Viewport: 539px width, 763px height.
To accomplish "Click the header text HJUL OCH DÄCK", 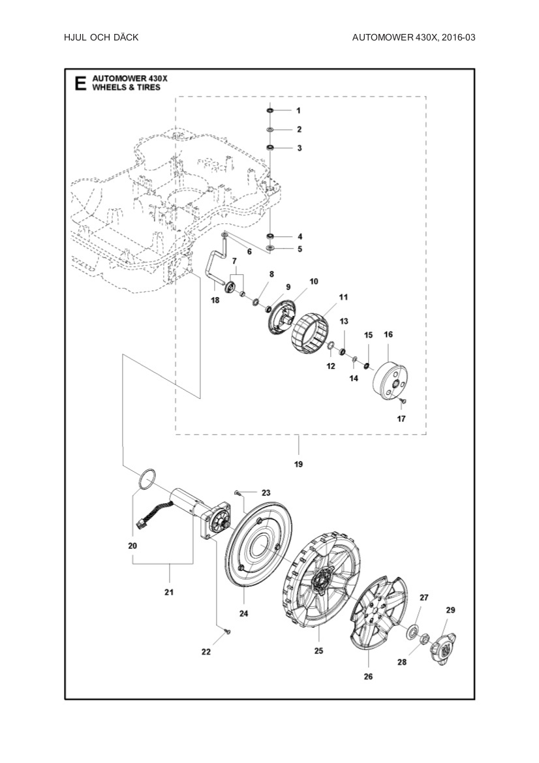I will (101, 38).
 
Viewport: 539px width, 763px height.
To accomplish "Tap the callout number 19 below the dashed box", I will (299, 465).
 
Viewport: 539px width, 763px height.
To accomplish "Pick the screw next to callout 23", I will (236, 491).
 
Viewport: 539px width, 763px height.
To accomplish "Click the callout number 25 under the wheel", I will (318, 651).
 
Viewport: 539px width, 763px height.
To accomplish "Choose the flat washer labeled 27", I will (412, 631).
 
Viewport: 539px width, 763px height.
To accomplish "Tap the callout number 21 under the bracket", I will (169, 593).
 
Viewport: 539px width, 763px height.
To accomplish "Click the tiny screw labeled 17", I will (405, 399).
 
